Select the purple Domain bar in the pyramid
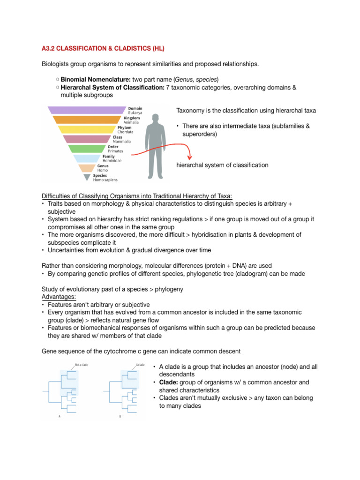87,110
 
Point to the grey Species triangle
87,177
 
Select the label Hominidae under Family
112,161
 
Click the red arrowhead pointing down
189,157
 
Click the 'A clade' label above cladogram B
140,365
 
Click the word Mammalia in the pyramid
122,142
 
